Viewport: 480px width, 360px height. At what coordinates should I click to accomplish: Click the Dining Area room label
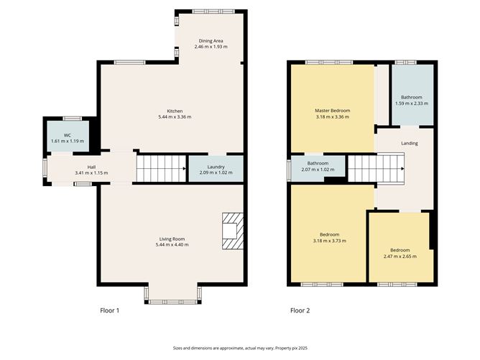[x=211, y=41]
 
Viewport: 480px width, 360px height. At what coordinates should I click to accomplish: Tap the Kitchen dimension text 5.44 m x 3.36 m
[x=175, y=117]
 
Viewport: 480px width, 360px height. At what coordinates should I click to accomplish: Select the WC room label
[x=68, y=135]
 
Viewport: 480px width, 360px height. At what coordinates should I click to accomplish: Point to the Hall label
[x=91, y=167]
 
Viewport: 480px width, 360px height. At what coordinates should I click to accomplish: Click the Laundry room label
[x=216, y=167]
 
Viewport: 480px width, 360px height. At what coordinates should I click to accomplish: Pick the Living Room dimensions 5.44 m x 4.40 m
[x=172, y=245]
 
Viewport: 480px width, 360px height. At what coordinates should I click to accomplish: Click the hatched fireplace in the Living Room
[x=233, y=231]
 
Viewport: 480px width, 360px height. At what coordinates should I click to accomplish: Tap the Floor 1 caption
[x=110, y=310]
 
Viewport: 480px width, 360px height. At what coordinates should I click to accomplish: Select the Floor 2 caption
[x=300, y=310]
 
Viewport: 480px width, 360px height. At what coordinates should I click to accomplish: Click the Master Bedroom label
[x=333, y=111]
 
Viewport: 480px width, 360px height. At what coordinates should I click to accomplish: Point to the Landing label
[x=410, y=143]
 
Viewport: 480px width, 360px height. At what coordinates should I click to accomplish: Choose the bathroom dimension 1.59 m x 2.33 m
[x=412, y=103]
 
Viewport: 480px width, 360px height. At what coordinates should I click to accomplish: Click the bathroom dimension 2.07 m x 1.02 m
[x=318, y=170]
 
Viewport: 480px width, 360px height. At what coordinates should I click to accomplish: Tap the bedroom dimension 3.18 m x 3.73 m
[x=330, y=241]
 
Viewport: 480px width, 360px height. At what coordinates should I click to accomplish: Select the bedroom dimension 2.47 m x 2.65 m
[x=400, y=257]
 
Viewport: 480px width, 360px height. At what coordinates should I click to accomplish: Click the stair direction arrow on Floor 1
[x=184, y=168]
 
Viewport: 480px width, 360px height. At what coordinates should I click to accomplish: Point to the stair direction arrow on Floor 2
[x=402, y=169]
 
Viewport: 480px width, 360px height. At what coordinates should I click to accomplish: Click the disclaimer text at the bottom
[x=240, y=348]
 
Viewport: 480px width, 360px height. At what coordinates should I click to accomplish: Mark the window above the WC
[x=73, y=119]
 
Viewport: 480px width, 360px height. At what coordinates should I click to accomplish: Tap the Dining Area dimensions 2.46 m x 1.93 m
[x=211, y=47]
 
